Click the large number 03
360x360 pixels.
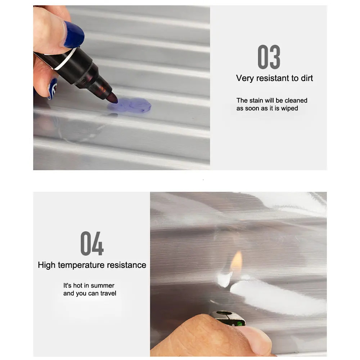[x=269, y=57]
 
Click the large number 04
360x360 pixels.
[x=92, y=243]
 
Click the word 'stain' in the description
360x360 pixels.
[x=256, y=100]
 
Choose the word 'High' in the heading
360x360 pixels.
[x=46, y=265]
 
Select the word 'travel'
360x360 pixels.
[x=108, y=293]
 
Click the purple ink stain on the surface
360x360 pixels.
[x=130, y=105]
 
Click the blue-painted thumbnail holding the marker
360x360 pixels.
[x=73, y=35]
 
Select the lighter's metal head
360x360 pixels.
[x=228, y=318]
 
